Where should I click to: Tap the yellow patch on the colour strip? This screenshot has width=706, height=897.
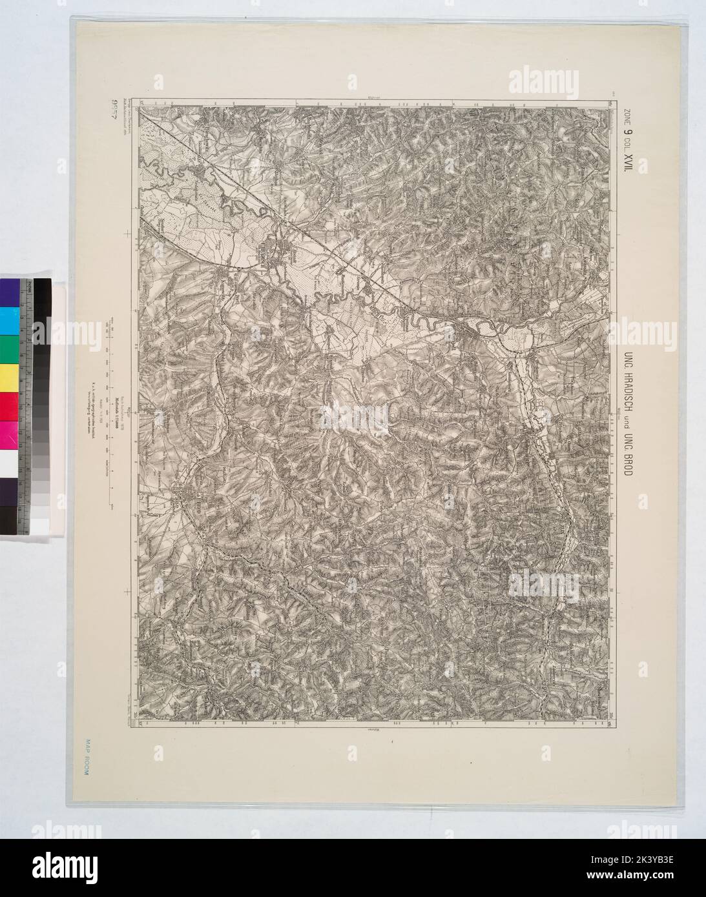[10, 375]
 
